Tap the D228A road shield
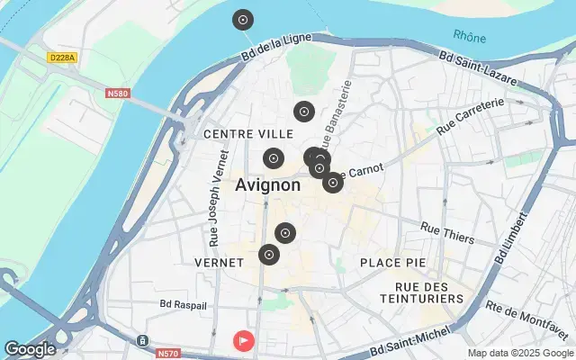coord(62,57)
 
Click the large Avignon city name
coord(268,185)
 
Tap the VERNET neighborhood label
coord(219,262)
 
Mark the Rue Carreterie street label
coord(469,116)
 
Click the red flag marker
coord(244,341)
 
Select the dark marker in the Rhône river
coord(243,20)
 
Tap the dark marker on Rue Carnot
coord(333,183)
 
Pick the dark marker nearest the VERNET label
coord(269,255)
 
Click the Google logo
coord(30,349)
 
